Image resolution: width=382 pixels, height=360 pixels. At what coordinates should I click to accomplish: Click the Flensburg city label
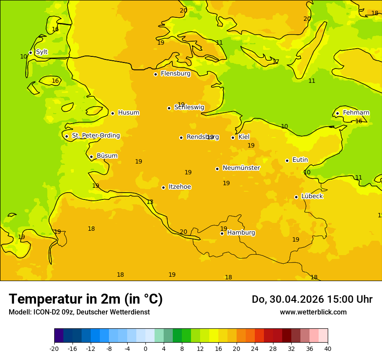tap(175, 74)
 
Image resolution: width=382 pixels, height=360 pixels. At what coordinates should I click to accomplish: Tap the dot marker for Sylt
tap(30, 52)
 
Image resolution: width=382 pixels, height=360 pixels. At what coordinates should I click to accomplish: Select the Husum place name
tap(128, 113)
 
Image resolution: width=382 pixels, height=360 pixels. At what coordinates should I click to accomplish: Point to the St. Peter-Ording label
tap(95, 136)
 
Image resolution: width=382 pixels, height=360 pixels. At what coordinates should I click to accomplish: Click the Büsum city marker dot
tap(91, 157)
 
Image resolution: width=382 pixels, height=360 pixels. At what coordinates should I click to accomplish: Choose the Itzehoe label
tap(180, 187)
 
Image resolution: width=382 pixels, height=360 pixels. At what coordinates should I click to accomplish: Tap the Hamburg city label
tap(241, 233)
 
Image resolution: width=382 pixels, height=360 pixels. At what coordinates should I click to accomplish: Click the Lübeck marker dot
tap(296, 197)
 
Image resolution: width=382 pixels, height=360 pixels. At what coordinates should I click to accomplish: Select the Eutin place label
tap(300, 160)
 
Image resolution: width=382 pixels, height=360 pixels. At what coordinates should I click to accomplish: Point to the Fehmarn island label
tap(356, 113)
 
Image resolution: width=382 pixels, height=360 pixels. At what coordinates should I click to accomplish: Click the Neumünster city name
tap(241, 168)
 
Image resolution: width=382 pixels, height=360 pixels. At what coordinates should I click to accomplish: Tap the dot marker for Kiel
tap(233, 137)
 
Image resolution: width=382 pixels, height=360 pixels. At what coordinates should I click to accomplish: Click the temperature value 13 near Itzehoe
tap(150, 202)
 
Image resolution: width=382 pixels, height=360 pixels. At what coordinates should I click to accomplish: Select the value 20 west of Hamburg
tap(184, 232)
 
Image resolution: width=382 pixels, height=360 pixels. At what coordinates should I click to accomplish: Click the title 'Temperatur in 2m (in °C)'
tap(86, 299)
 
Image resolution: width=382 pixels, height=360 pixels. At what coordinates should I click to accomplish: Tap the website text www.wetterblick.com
tap(313, 312)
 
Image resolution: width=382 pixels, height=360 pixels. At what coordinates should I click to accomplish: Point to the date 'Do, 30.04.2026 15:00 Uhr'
tap(312, 299)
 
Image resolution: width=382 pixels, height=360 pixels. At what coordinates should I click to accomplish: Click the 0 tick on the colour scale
tap(145, 349)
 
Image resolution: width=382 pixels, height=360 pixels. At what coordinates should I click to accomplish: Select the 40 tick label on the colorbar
tap(327, 349)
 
